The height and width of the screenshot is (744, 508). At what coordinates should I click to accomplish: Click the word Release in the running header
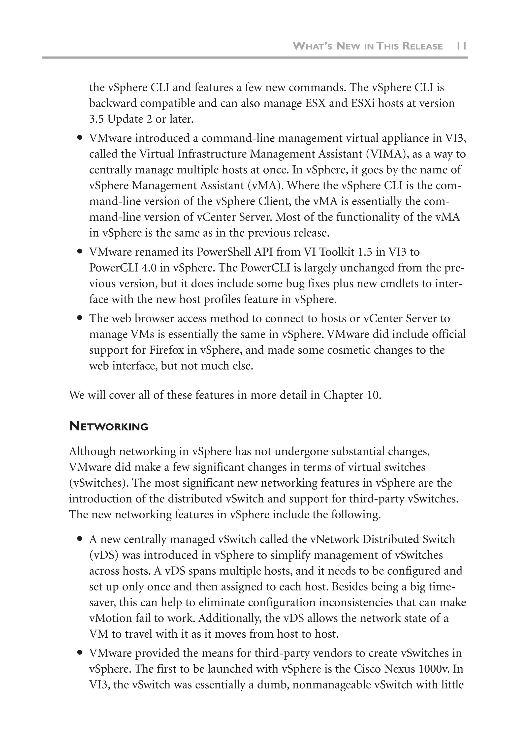coord(422,46)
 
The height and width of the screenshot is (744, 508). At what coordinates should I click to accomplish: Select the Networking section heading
coord(108,426)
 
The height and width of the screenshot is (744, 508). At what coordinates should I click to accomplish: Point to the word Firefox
coord(166,350)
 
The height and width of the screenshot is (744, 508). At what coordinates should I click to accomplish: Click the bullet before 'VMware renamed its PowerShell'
coord(80,252)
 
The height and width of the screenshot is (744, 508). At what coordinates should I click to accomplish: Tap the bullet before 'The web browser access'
coord(80,318)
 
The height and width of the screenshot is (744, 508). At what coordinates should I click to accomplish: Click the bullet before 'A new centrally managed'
coord(80,539)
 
